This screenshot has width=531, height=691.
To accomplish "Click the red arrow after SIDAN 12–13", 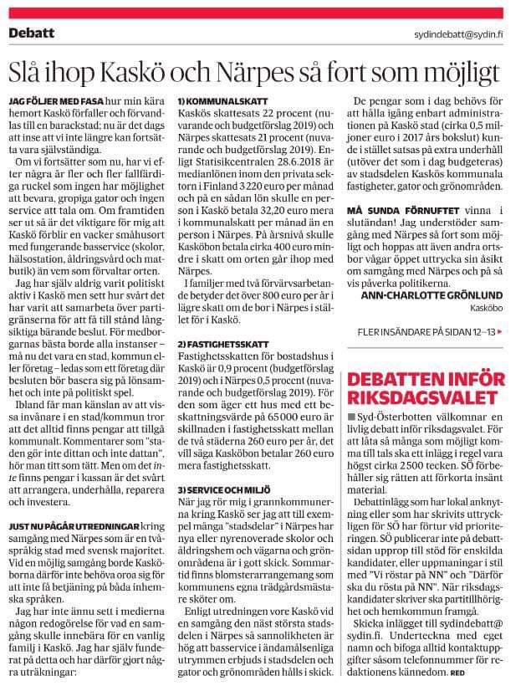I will [501, 332].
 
